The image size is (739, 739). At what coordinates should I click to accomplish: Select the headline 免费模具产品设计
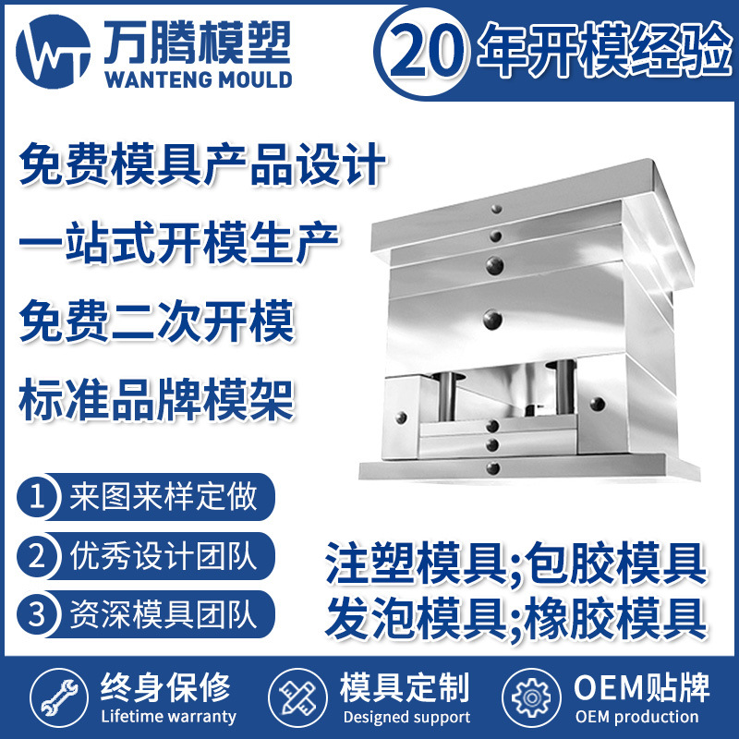coord(201,169)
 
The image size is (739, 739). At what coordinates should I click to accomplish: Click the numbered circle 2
coord(38,556)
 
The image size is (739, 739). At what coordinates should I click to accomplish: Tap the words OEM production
coord(636,717)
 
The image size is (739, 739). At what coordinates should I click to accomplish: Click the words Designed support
coord(406,717)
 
